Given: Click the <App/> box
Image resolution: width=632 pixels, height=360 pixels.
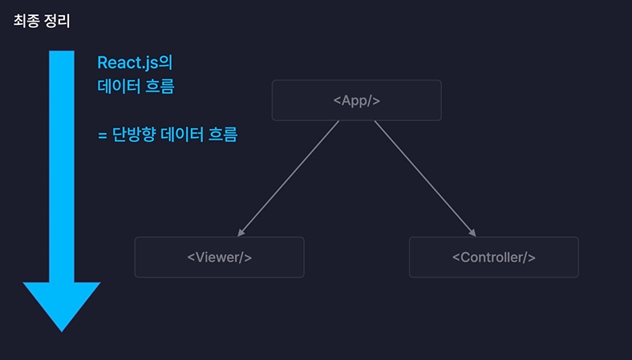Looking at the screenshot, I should [x=356, y=100].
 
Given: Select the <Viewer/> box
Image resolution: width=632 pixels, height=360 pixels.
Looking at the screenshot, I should [x=219, y=257].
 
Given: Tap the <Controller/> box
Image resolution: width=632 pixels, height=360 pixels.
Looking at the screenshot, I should [x=493, y=257].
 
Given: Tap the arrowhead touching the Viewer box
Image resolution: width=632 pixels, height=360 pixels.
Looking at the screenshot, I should [x=241, y=233].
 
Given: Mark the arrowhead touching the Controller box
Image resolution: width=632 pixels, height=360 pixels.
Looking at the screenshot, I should [x=472, y=233].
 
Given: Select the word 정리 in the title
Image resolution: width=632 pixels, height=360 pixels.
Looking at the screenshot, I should [x=56, y=21].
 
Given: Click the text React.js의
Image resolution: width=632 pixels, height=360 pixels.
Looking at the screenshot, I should [x=135, y=62].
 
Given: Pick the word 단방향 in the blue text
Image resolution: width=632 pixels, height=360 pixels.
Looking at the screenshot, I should [x=134, y=135].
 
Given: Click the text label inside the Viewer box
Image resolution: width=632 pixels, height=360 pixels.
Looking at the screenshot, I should [x=219, y=257].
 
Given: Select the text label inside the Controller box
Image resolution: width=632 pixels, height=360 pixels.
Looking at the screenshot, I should [x=493, y=257].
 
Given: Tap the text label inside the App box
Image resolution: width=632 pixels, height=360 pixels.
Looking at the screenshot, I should [x=356, y=100].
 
